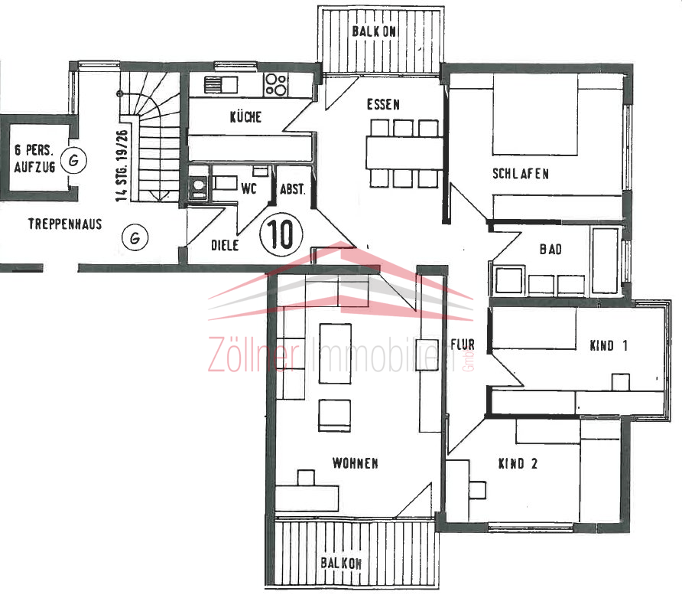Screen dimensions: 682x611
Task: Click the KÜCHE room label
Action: [245, 116]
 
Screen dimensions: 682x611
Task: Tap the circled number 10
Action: [281, 234]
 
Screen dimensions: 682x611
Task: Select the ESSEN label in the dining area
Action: [383, 105]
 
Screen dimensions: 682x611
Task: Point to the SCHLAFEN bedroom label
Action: [520, 174]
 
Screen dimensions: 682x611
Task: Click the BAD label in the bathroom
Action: [550, 249]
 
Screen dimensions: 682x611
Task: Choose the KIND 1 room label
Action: [609, 346]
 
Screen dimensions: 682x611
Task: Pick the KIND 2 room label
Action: [518, 464]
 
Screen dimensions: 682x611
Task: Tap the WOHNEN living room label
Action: [355, 463]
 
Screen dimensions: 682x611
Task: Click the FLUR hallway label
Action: [463, 345]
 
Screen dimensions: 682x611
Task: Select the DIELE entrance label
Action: [225, 245]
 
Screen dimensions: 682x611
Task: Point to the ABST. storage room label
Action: [292, 189]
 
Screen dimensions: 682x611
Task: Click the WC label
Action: [248, 188]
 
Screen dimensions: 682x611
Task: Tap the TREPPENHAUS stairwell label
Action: [65, 224]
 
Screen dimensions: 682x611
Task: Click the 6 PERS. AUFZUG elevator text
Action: [34, 158]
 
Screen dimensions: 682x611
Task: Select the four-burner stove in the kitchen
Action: [276, 84]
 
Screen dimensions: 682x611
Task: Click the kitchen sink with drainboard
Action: [220, 85]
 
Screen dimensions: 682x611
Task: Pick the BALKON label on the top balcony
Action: [374, 31]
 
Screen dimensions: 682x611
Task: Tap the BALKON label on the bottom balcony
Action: [341, 563]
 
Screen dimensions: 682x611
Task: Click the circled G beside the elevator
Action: [73, 160]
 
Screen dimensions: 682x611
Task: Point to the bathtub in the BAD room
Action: [605, 260]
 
